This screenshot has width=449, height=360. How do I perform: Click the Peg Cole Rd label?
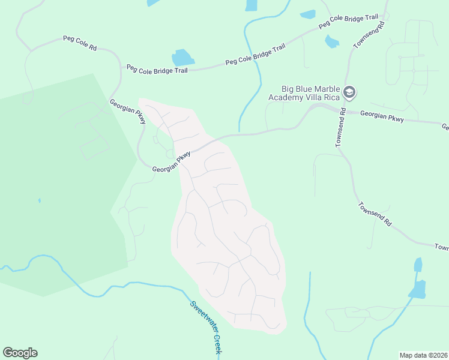[80, 43]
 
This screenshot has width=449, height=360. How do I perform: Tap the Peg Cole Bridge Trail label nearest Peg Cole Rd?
[157, 69]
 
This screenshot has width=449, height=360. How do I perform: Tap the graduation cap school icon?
[349, 93]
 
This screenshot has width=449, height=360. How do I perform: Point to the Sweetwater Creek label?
[206, 327]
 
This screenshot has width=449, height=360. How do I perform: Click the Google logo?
[20, 353]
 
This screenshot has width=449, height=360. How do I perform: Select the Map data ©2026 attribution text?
[424, 355]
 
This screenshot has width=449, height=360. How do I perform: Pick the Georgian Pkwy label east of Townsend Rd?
[382, 116]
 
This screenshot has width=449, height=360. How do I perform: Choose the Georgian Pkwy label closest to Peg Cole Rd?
[128, 112]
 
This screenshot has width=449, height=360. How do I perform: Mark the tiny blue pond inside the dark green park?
[39, 200]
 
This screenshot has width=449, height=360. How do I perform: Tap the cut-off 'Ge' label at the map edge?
[445, 127]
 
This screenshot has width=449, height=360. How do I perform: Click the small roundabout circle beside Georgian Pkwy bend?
[170, 155]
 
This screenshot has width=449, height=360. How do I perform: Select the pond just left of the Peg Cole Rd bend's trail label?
[183, 58]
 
